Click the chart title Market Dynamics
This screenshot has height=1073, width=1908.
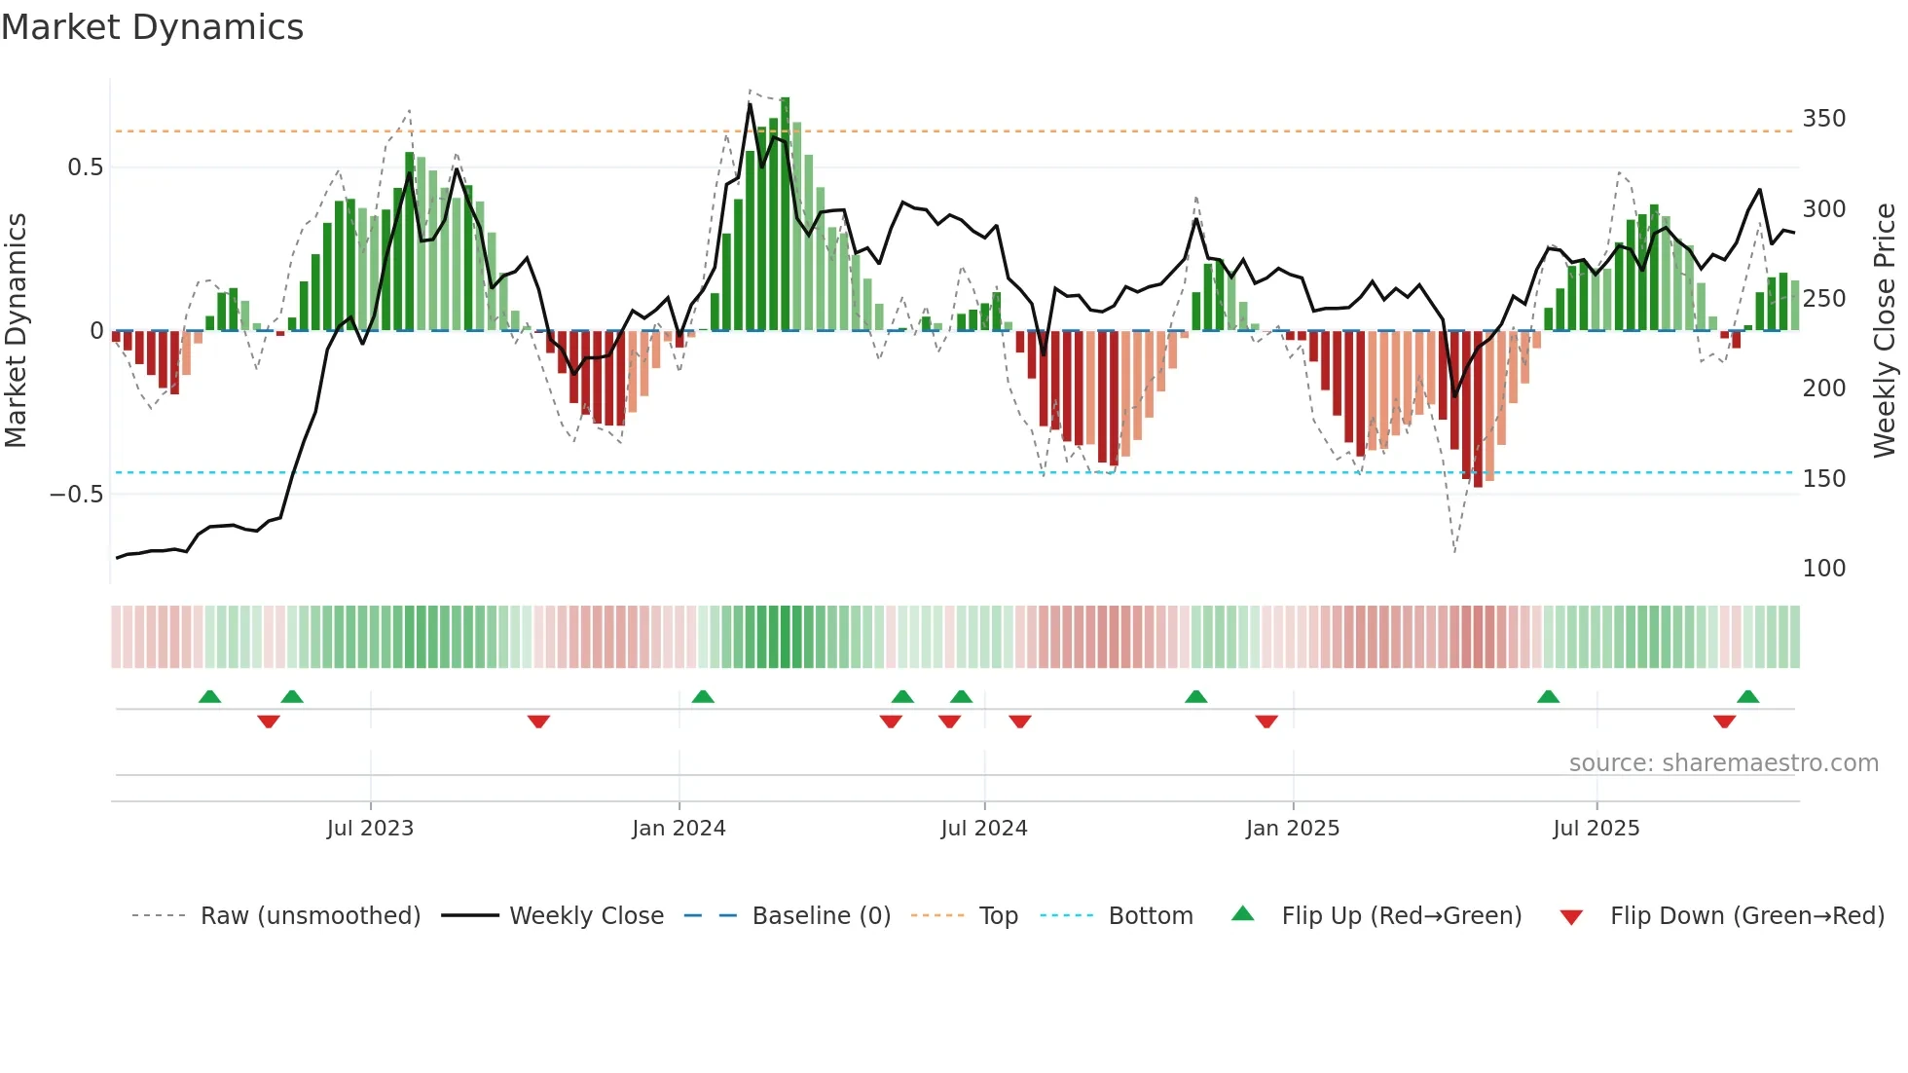[152, 27]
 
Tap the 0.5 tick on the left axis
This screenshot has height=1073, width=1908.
[85, 167]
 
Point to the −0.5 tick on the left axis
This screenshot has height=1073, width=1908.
[76, 495]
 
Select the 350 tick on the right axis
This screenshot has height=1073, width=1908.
[1823, 119]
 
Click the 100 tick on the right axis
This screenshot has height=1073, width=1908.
[1823, 569]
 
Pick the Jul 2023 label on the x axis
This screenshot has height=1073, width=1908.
[370, 829]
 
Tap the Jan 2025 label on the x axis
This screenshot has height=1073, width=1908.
[1292, 829]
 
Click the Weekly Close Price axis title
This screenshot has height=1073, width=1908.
[1885, 331]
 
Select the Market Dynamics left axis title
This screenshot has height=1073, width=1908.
[16, 331]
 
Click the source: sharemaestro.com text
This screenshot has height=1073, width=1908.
[1723, 763]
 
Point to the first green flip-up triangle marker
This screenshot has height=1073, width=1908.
[209, 696]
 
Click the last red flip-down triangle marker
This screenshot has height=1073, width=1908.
[1724, 721]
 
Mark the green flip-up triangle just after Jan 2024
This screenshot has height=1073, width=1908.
[703, 696]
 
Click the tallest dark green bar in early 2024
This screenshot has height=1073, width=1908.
[785, 214]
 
